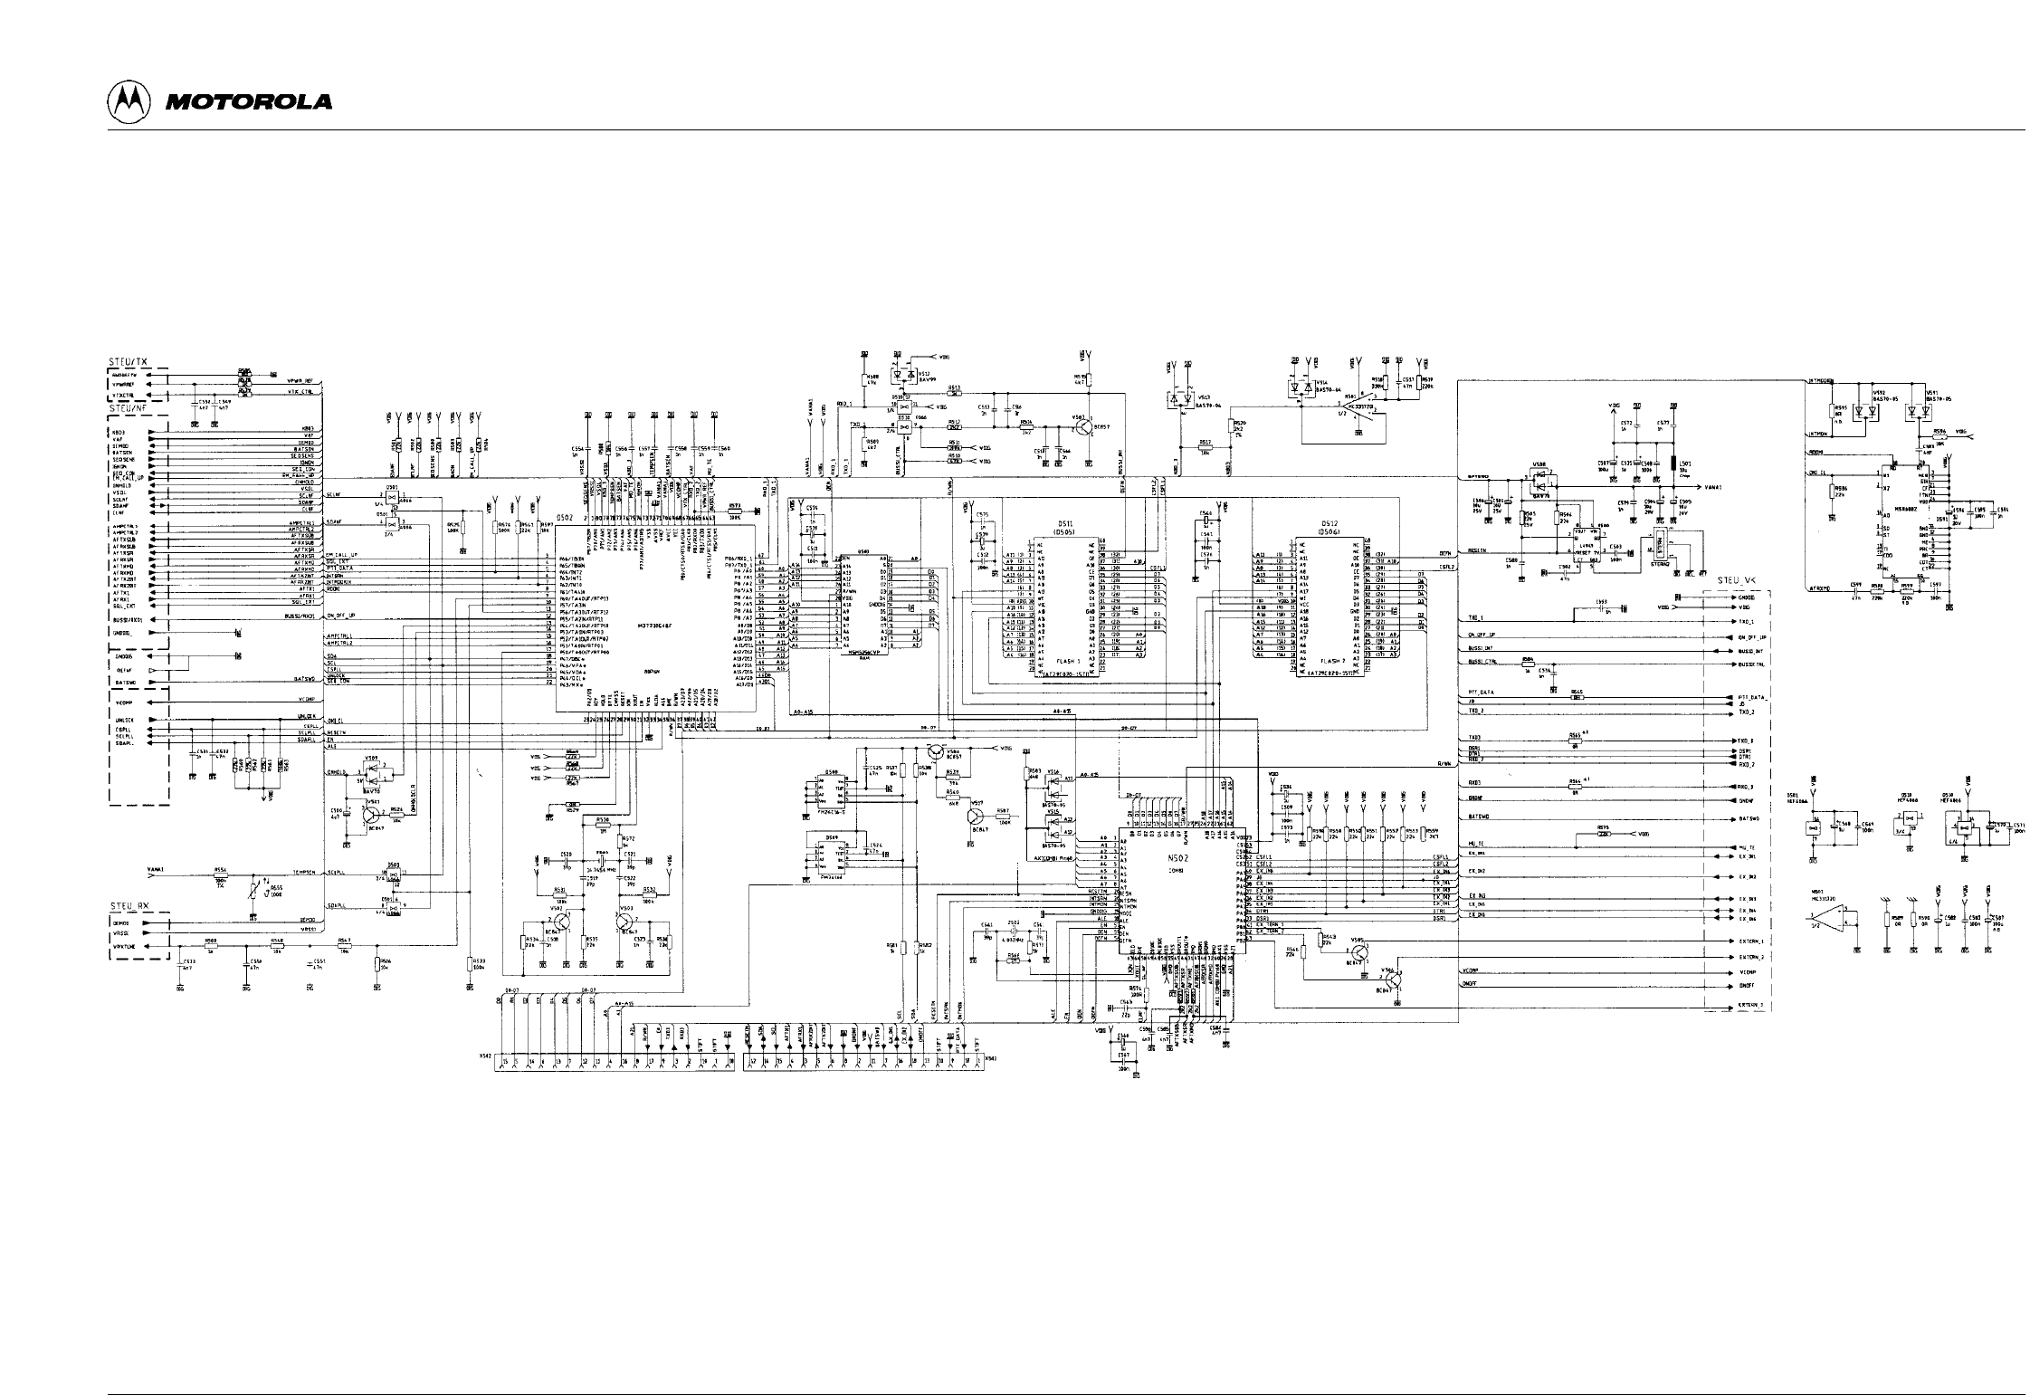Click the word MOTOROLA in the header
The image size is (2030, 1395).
click(x=248, y=102)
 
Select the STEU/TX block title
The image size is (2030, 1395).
click(x=129, y=361)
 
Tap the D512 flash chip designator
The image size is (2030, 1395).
click(x=1329, y=523)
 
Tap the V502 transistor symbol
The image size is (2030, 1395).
click(x=561, y=922)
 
